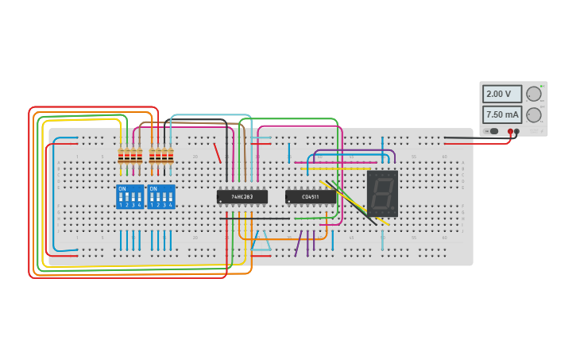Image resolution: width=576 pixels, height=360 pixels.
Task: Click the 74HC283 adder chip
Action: pos(242,196)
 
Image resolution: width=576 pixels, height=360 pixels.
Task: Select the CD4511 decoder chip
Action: pos(310,196)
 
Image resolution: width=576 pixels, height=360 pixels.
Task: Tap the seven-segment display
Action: pos(382,193)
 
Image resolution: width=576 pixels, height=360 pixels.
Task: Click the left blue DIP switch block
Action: pos(130,196)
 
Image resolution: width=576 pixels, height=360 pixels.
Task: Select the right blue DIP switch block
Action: pos(161,196)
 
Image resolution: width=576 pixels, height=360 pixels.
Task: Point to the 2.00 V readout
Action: pos(502,94)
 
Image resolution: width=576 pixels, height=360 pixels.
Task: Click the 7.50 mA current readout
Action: pos(502,114)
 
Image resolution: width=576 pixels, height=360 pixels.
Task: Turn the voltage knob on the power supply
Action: pos(534,94)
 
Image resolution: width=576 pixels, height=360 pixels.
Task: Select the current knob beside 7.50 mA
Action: pos(534,114)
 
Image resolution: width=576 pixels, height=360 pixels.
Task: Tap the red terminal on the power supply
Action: pos(511,132)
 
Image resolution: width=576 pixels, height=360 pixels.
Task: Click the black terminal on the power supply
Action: pos(517,132)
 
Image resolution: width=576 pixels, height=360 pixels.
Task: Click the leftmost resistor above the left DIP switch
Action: pos(122,156)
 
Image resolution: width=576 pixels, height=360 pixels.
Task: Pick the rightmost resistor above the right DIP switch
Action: pos(171,156)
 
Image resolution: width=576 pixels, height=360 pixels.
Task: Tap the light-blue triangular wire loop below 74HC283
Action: pos(261,242)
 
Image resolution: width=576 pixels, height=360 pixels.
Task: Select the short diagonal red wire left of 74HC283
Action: pos(217,153)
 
